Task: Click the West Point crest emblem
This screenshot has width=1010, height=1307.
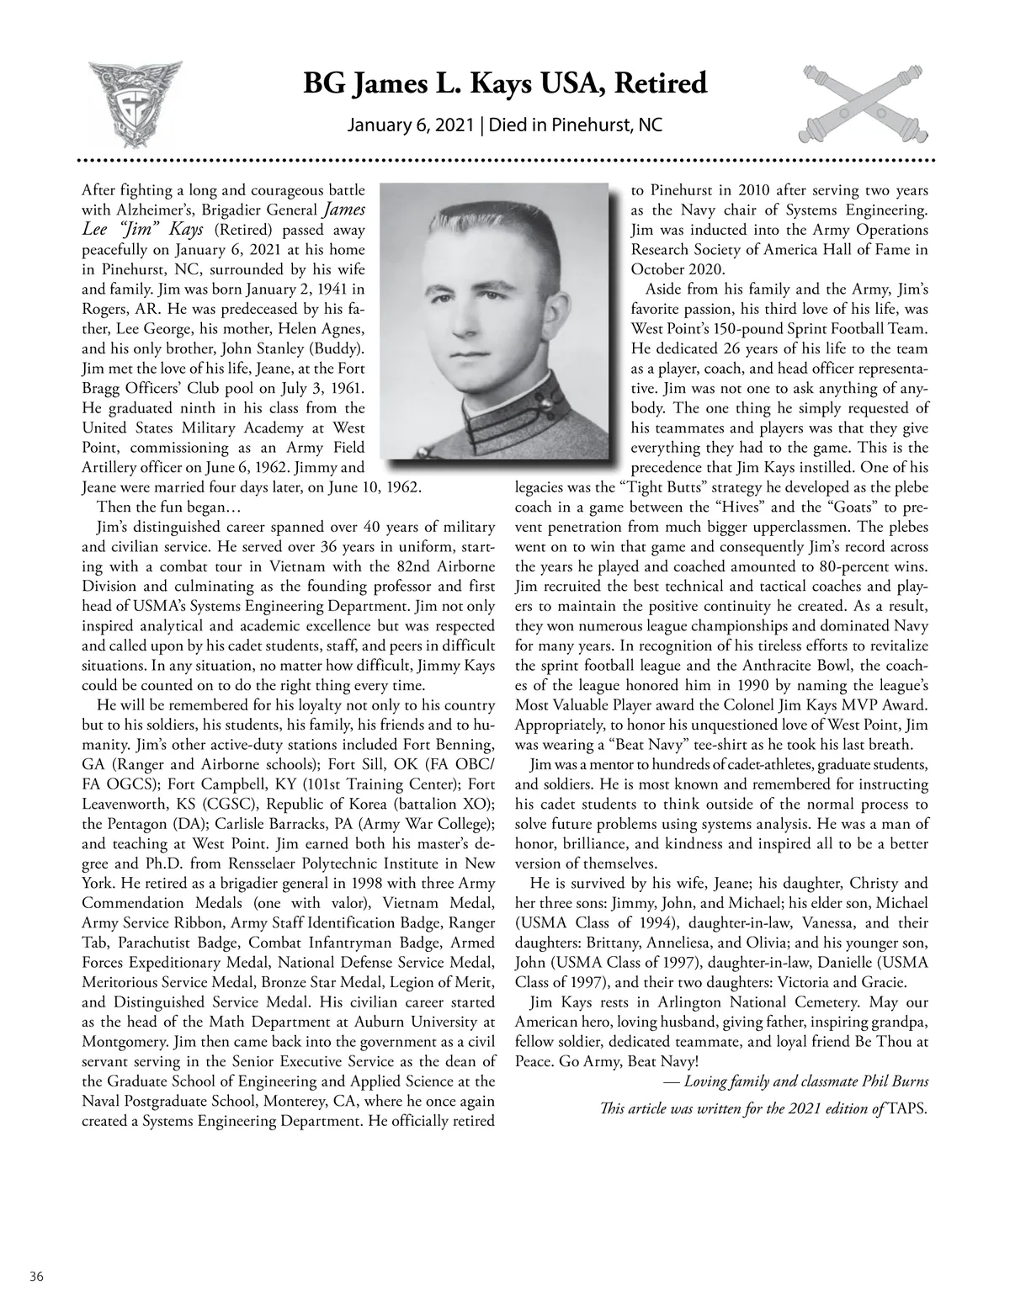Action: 134,102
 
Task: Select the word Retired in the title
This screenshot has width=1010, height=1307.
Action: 661,84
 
